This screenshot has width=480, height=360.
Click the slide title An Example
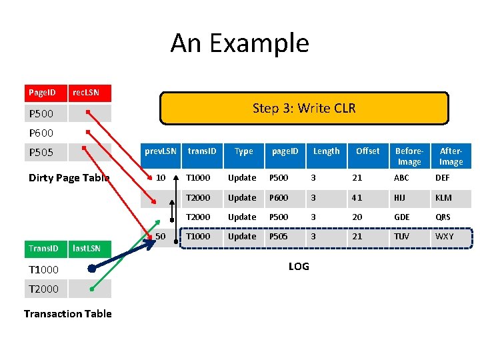[x=240, y=43]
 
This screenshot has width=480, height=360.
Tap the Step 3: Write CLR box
[x=304, y=109]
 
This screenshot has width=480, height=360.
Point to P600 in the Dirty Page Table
[x=41, y=133]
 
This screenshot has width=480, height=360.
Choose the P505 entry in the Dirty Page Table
[x=41, y=153]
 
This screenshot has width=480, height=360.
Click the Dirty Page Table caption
[x=69, y=177]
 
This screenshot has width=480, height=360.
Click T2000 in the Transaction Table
[x=44, y=289]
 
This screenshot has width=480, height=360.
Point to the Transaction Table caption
[x=67, y=313]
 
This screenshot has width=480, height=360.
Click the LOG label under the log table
[x=299, y=267]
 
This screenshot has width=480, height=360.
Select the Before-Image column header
[x=409, y=157]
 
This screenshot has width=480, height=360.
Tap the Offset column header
[x=367, y=151]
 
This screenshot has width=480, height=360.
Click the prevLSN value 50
[x=161, y=237]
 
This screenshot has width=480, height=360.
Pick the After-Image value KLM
[x=443, y=197]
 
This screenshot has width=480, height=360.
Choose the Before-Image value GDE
[x=403, y=217]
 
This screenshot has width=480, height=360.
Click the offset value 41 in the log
[x=358, y=197]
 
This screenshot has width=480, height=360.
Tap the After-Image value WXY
[x=445, y=237]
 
